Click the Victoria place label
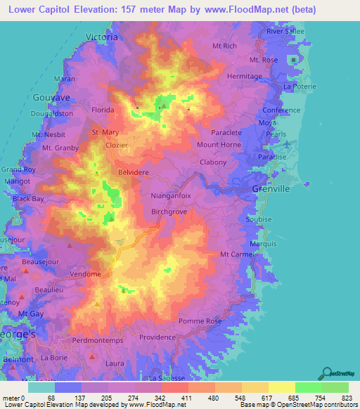pos(101,37)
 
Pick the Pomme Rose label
pos(200,321)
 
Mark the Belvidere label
pos(134,171)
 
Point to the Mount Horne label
pos(219,145)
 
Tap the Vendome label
pos(85,273)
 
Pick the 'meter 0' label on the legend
pos(13,398)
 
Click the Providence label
pos(157,337)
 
